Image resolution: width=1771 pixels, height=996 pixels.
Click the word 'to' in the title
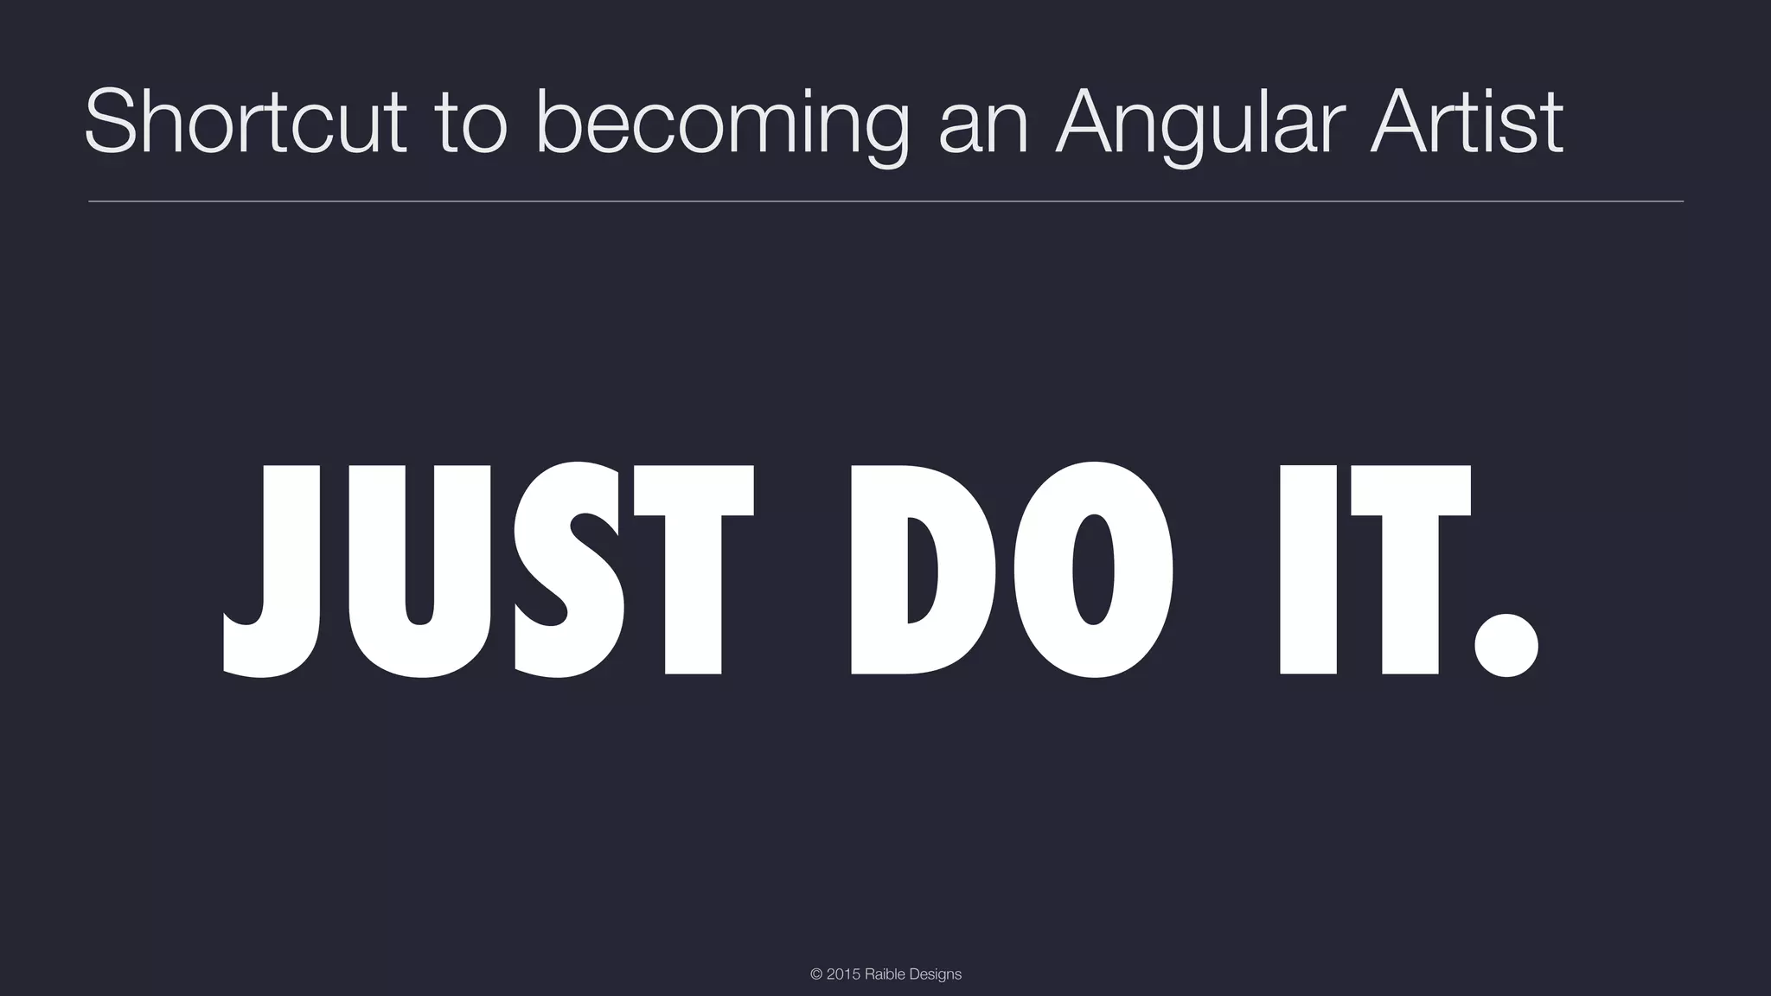471,123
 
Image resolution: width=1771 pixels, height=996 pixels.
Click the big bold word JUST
489,571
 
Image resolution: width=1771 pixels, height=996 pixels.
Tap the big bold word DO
1012,571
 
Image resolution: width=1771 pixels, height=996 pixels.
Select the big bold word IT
1375,571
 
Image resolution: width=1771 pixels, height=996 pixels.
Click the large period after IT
1506,644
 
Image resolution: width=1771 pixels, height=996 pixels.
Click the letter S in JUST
569,571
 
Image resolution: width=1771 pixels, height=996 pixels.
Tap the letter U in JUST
419,571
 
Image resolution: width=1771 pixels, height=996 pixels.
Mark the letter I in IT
1308,571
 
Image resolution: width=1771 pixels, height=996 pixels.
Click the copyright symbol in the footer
816,974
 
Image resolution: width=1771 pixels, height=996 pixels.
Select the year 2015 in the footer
843,974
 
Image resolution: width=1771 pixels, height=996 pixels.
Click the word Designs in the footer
935,974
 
